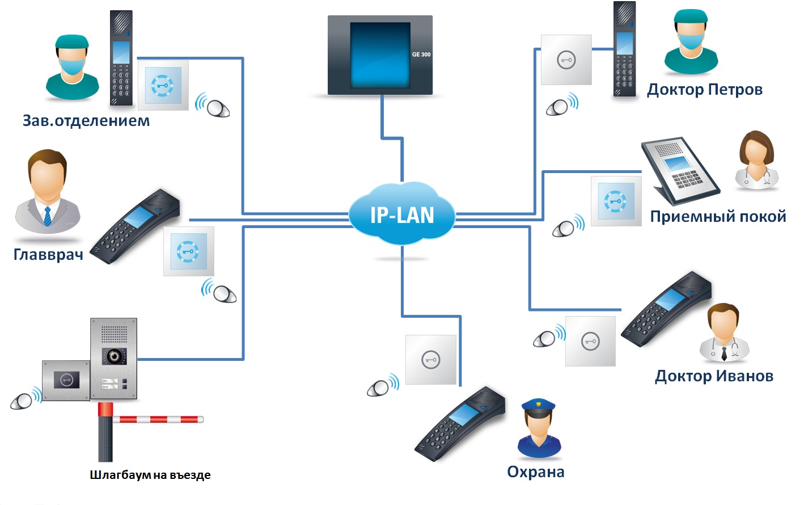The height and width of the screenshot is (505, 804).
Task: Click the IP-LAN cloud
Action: coord(401,214)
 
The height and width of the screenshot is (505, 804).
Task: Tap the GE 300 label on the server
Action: coord(421,54)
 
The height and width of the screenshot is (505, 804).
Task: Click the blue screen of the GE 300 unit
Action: coord(380,55)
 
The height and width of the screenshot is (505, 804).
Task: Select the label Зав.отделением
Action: coord(86,120)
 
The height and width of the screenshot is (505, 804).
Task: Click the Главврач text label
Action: coord(48,254)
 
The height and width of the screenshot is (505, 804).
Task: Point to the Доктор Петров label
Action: coord(704,90)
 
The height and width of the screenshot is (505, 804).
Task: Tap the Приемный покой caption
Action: coord(718,216)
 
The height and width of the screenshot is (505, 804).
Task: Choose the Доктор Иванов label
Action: coord(714,376)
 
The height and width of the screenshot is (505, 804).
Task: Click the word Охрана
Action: coord(535,472)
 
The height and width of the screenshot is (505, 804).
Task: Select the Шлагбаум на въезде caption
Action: coord(150,475)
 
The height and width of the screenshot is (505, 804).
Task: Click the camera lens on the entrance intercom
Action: coord(114,356)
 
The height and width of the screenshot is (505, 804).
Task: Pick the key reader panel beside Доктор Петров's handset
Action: coord(566,60)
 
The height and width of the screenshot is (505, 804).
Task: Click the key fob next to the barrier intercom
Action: coord(23,401)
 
